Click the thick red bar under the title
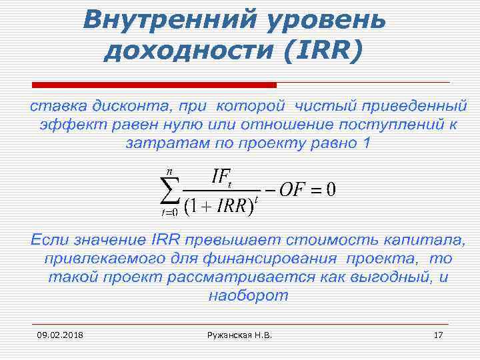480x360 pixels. tap(155, 85)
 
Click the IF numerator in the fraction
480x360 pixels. tap(222, 177)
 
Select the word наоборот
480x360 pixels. tap(248, 295)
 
